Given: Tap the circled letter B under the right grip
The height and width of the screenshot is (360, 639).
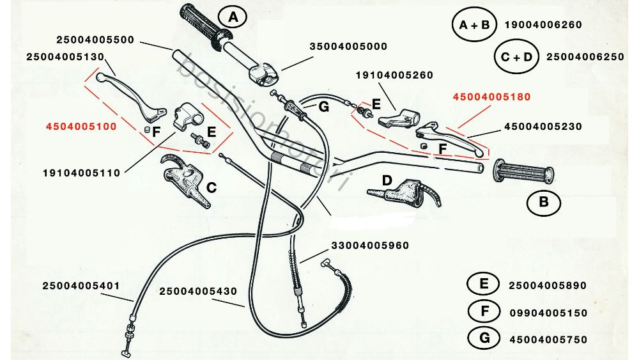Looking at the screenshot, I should coord(543,203).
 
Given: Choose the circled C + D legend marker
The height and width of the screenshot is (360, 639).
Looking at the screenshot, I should coord(516,57).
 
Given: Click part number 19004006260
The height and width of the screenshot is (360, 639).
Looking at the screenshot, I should coord(543,25).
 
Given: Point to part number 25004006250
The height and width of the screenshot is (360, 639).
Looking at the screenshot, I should coord(585,57).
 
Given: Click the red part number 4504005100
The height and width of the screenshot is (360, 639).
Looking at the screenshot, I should coord(81,127).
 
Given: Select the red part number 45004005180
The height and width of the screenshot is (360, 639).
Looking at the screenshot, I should coord(491,97).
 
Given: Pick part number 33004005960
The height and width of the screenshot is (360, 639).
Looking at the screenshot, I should coord(370,245).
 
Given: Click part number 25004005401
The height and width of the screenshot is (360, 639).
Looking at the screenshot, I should coord(81,285).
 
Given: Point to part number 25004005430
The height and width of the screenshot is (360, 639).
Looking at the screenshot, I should coord(199,291).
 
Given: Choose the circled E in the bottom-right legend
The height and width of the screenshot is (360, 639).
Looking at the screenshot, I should coord(484,285).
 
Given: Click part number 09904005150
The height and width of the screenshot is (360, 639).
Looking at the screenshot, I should coord(548,313).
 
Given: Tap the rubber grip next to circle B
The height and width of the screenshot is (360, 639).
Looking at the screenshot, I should coord(525,172).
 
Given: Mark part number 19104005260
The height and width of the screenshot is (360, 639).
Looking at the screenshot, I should coord(394,75).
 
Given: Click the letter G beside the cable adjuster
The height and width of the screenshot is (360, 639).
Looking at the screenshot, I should coord(324,107).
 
